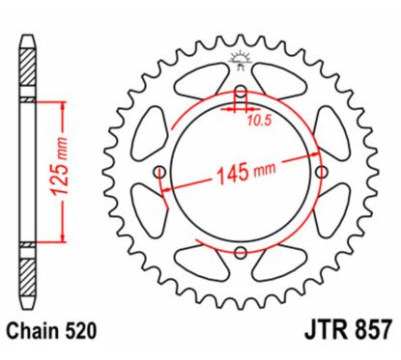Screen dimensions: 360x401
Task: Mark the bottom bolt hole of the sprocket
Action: click(x=239, y=253)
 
